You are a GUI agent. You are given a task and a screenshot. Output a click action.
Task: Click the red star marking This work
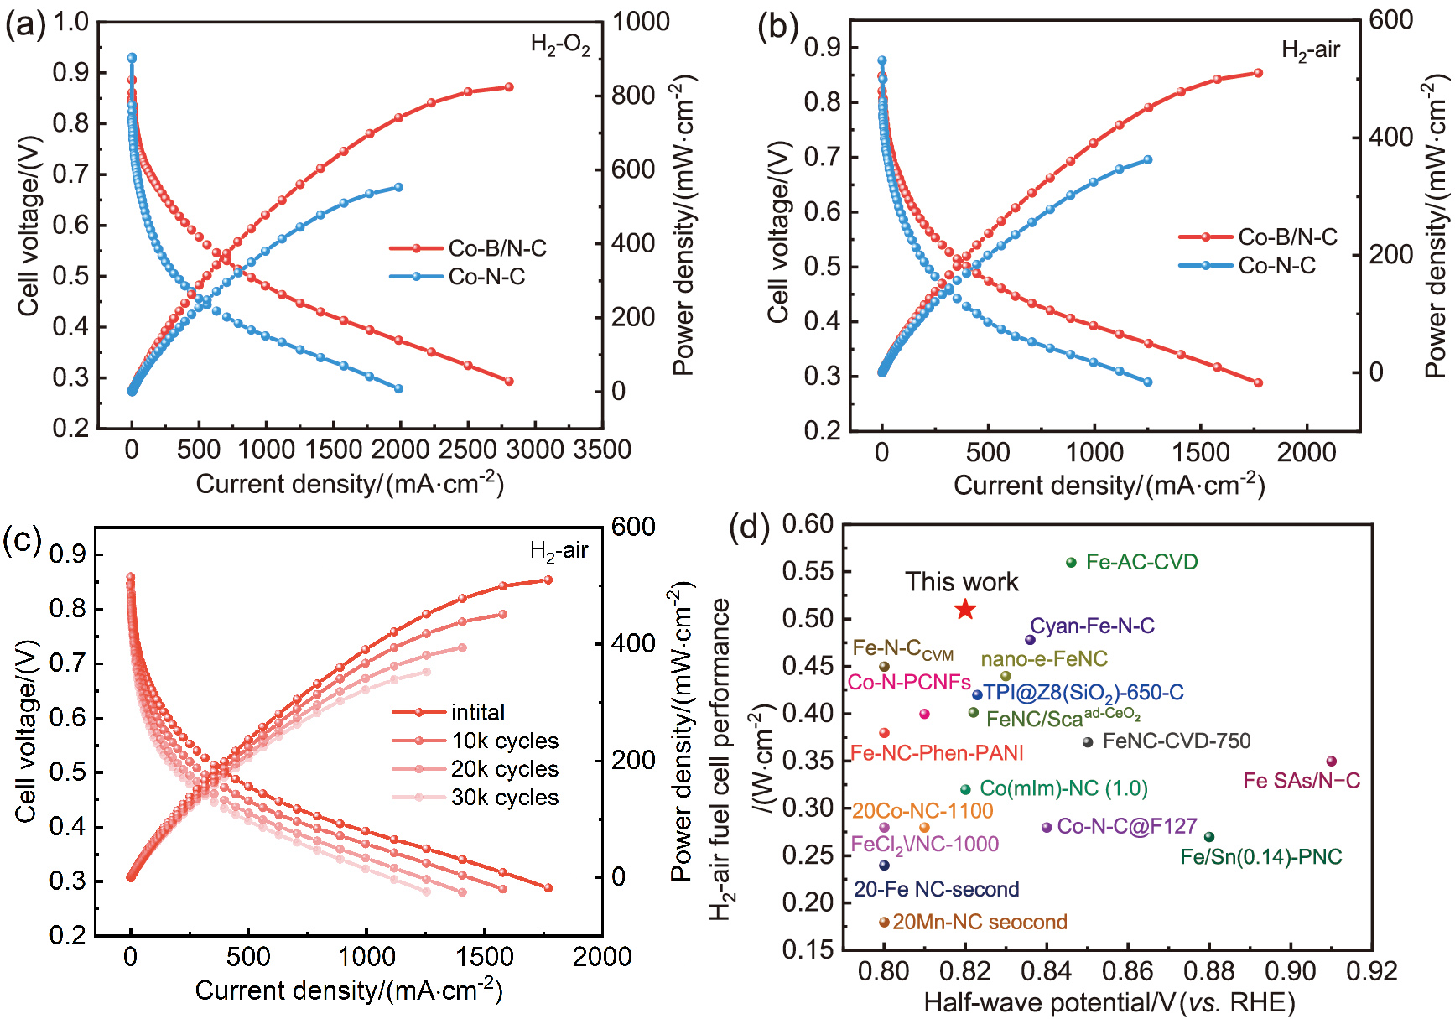pos(965,609)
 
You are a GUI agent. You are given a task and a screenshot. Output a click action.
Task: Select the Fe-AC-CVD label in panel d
pos(1141,562)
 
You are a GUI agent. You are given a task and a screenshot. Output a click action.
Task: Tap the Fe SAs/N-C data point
pos(1331,762)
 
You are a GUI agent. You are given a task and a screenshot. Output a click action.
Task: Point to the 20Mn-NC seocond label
pos(980,922)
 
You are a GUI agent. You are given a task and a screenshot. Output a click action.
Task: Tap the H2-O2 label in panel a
pos(560,44)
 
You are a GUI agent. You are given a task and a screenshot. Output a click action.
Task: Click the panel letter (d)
pos(749,528)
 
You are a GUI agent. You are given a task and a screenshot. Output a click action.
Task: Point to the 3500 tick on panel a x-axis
pos(602,450)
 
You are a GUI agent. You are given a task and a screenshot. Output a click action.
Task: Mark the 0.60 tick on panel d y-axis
pos(808,525)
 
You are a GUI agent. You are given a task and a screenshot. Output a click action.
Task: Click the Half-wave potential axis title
pos(1109,1002)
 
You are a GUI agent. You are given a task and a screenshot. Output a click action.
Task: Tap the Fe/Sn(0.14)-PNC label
pos(1260,857)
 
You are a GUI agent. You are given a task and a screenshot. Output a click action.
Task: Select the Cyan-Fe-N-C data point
pos(1030,640)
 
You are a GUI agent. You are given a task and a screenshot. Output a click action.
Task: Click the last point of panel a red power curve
pos(509,87)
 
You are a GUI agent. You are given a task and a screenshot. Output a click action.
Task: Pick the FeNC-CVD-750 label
pos(1176,741)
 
